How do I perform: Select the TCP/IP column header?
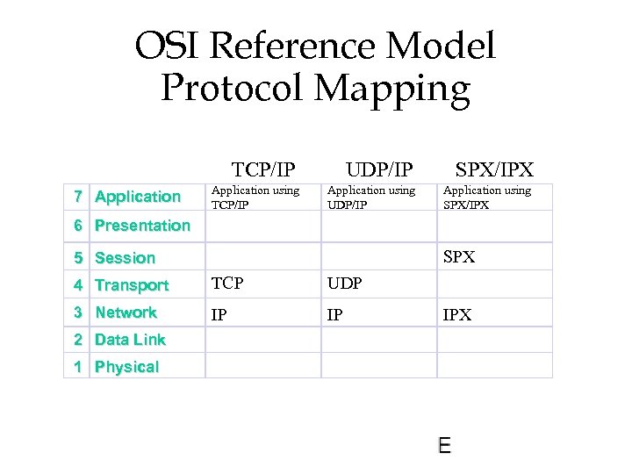262,169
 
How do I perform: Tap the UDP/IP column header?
379,169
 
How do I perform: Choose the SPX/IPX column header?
494,169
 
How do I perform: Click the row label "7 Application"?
128,197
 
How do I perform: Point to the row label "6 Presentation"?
133,226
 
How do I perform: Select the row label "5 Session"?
115,258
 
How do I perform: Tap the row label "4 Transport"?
122,285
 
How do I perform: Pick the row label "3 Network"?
116,312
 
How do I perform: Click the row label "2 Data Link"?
119,340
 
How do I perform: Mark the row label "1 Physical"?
117,367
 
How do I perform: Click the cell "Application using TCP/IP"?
255,197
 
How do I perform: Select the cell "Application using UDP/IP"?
370,197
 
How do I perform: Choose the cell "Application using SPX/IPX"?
486,197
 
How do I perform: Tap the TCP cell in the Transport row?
227,284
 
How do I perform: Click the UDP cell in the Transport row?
344,284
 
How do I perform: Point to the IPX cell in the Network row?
456,314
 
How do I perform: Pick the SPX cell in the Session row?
459,257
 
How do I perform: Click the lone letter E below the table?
444,446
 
